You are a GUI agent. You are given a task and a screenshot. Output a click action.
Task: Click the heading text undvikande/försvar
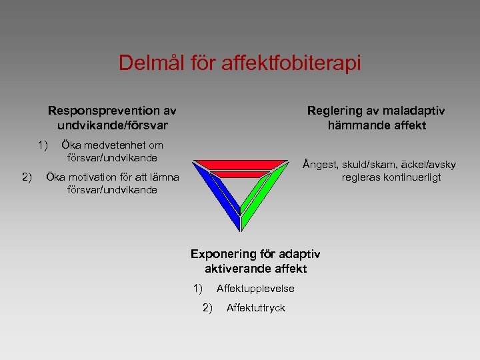click(108, 125)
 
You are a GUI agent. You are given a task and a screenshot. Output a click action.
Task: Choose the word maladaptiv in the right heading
click(413, 111)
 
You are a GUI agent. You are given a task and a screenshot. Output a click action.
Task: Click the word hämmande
click(357, 125)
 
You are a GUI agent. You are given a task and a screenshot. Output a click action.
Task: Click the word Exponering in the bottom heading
click(223, 254)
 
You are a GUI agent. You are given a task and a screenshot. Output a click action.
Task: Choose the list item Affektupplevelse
click(255, 289)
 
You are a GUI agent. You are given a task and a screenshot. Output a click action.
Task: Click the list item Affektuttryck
click(255, 307)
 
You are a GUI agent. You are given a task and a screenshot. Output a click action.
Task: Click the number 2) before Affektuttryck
click(207, 307)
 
